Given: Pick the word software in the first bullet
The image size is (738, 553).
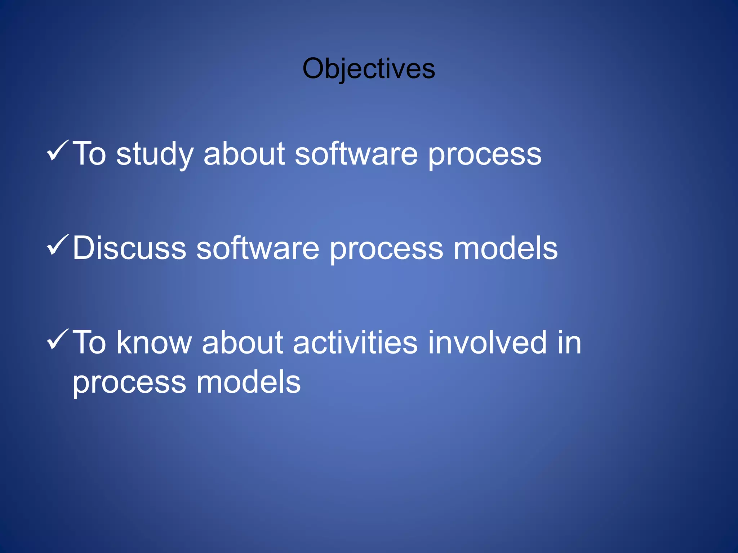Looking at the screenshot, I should click(x=356, y=154).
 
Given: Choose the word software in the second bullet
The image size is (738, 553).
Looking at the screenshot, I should click(x=258, y=248).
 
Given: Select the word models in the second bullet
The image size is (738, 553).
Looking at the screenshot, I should click(x=505, y=248).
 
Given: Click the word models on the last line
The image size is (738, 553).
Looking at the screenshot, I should click(x=248, y=382).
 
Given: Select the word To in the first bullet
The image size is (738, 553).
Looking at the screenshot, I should click(x=89, y=154).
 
